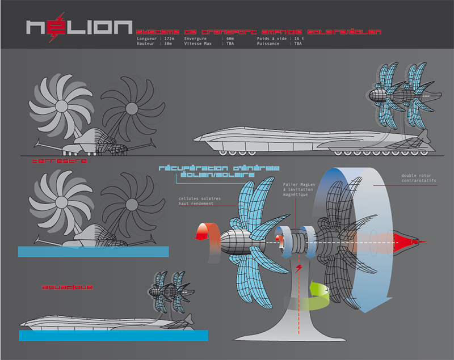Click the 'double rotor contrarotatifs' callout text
420,179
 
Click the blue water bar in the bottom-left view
113,334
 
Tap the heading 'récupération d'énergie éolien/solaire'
218,172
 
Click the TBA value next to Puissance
297,43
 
